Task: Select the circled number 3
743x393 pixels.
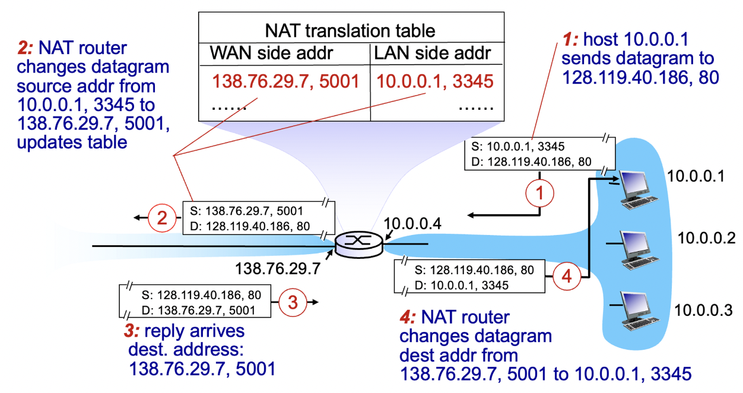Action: click(x=292, y=302)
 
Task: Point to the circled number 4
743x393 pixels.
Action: click(x=566, y=275)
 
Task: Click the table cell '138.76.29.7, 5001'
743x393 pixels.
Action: click(x=286, y=81)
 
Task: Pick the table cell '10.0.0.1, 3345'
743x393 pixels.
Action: click(x=434, y=81)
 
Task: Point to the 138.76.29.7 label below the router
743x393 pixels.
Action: click(x=278, y=268)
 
